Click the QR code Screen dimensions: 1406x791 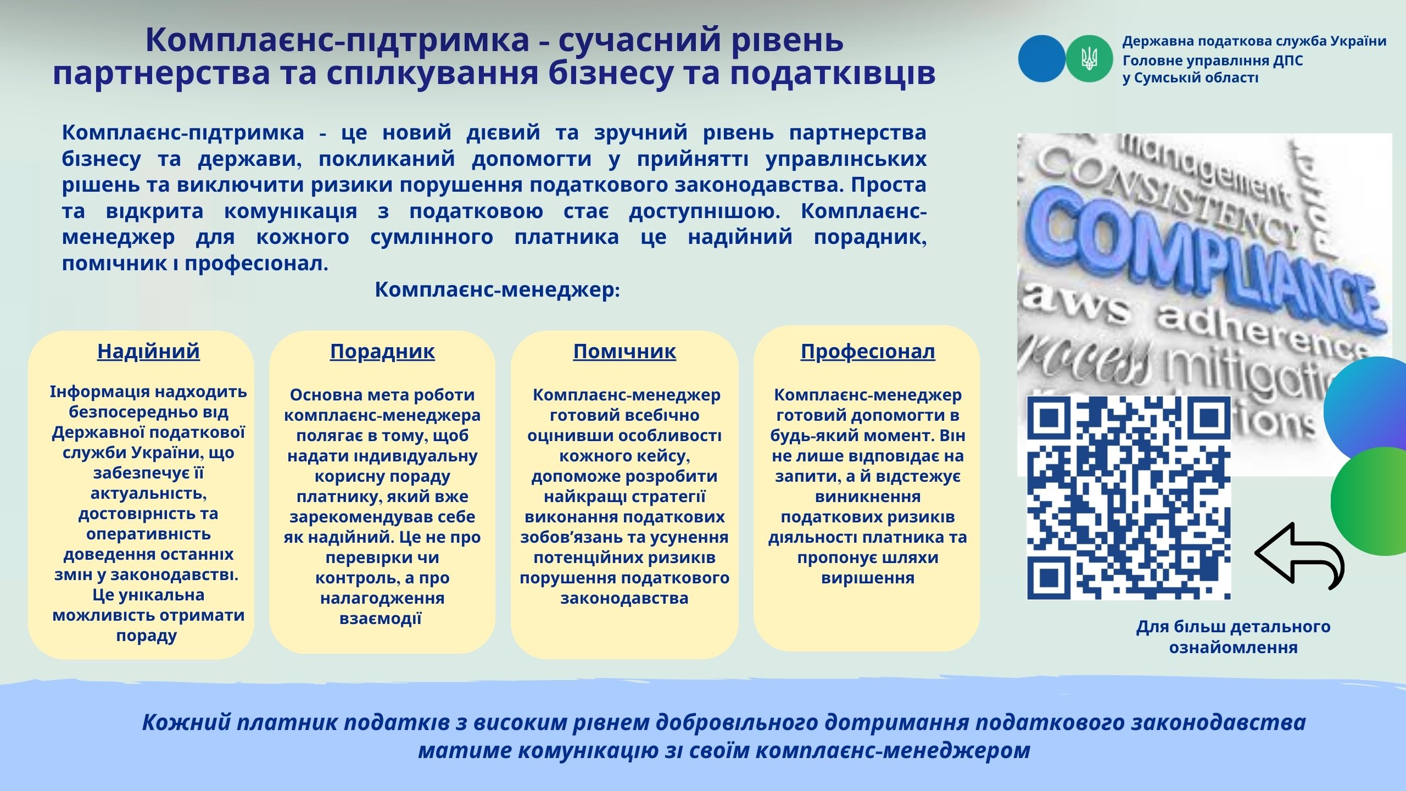click(x=1129, y=498)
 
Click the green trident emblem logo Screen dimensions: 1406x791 click(x=1090, y=59)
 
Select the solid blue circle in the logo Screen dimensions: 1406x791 click(x=1042, y=59)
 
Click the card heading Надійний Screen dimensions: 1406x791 click(x=148, y=351)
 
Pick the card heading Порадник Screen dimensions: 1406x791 click(x=382, y=351)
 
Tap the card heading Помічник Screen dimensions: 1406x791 click(x=624, y=351)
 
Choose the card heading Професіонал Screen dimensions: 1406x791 click(x=868, y=351)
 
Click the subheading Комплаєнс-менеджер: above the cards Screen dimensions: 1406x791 click(x=498, y=289)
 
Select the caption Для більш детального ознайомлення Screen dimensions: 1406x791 click(x=1233, y=637)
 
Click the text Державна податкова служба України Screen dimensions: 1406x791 click(x=1254, y=41)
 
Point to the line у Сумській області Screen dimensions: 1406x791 click(x=1190, y=78)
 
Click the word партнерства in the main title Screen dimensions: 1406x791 click(x=162, y=74)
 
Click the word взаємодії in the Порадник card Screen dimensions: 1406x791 click(x=381, y=619)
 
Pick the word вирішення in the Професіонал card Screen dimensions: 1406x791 click(x=868, y=578)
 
